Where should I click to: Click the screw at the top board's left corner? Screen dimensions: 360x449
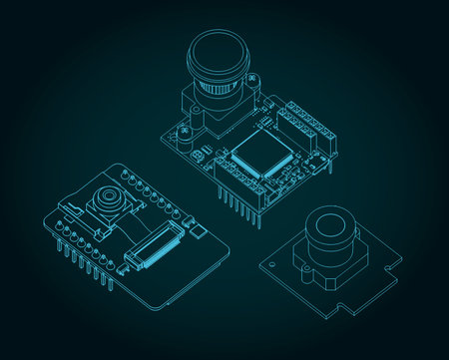177,128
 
